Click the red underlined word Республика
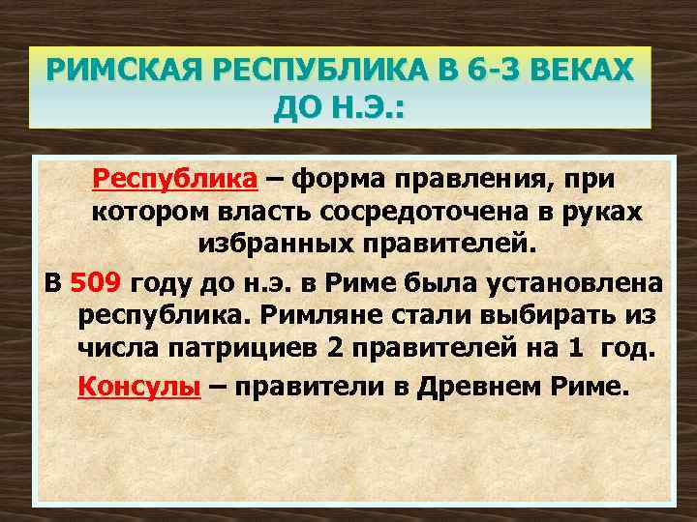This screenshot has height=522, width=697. pos(174,178)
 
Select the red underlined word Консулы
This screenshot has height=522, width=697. pos(139,387)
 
